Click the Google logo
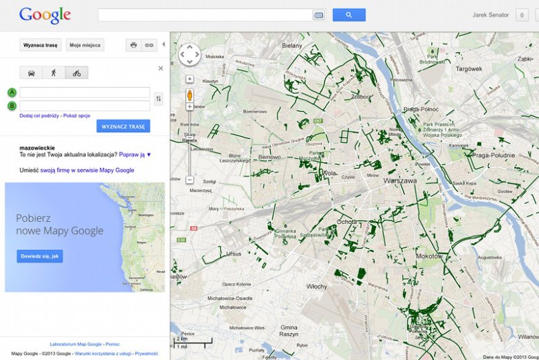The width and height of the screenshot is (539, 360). tap(45, 15)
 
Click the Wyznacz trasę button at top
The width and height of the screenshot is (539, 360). tap(40, 46)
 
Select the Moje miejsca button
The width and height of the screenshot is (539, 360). tap(85, 46)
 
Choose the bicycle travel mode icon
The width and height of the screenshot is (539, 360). tap(77, 73)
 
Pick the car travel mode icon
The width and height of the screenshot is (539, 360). tap(32, 73)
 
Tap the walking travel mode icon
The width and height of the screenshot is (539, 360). tap(54, 73)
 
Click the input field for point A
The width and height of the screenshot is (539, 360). tap(84, 93)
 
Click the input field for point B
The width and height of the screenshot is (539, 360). tap(84, 106)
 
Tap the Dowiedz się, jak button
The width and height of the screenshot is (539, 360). tap(40, 256)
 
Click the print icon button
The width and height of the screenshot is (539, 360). tap(133, 46)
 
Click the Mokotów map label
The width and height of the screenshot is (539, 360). tap(430, 256)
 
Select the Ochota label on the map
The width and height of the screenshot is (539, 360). tap(346, 222)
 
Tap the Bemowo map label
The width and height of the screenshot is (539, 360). tap(269, 158)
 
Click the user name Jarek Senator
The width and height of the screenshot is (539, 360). tap(491, 15)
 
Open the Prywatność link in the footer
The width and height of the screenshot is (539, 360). tap(146, 354)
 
